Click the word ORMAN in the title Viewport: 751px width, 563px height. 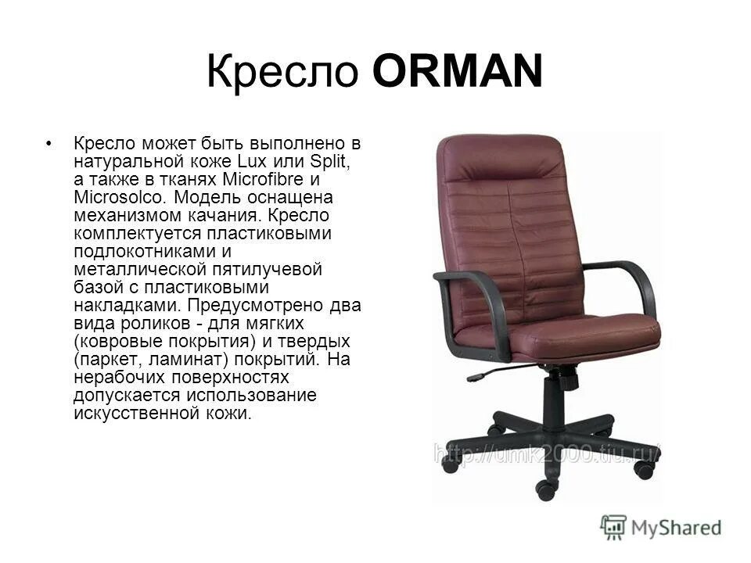point(458,74)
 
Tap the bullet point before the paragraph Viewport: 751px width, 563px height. point(50,144)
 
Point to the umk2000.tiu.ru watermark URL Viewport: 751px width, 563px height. point(548,453)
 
